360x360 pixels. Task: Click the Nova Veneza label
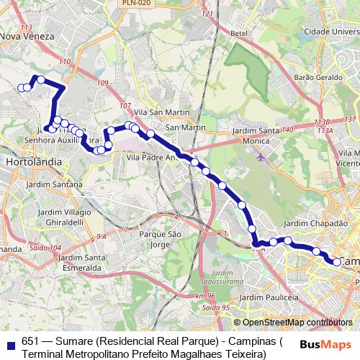click(x=27, y=35)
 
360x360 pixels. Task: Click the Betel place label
click(x=238, y=33)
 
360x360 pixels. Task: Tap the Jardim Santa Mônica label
click(x=256, y=135)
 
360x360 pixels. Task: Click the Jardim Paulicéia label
click(x=269, y=297)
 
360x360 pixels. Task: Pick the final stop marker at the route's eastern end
click(x=336, y=262)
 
